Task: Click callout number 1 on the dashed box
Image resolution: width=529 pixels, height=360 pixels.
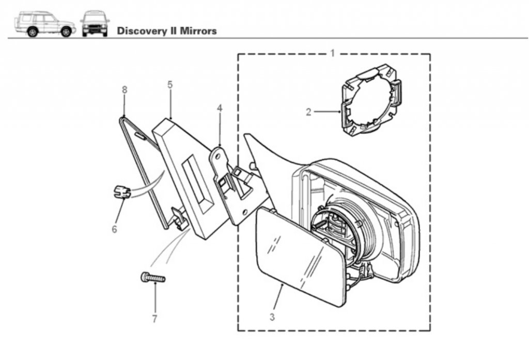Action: pyautogui.click(x=332, y=53)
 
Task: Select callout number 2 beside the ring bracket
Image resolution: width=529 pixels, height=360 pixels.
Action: pyautogui.click(x=308, y=112)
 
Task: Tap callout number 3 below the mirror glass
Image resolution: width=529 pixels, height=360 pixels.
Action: pyautogui.click(x=272, y=317)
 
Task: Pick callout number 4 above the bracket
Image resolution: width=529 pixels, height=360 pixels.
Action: pyautogui.click(x=220, y=108)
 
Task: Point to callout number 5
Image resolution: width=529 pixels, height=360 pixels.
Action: pyautogui.click(x=169, y=85)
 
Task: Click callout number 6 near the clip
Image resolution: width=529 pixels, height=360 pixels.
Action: pyautogui.click(x=114, y=229)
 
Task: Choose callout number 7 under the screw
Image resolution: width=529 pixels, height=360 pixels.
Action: pyautogui.click(x=154, y=319)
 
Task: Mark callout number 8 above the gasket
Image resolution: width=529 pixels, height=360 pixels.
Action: pyautogui.click(x=125, y=90)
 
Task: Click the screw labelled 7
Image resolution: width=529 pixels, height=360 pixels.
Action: pyautogui.click(x=153, y=278)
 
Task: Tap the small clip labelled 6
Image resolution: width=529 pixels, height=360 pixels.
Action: pyautogui.click(x=121, y=192)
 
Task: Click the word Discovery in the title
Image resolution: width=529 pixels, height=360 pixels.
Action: pyautogui.click(x=141, y=31)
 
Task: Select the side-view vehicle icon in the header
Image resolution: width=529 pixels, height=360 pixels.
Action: pyautogui.click(x=45, y=24)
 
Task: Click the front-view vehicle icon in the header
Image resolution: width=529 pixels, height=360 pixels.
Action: pyautogui.click(x=95, y=24)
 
